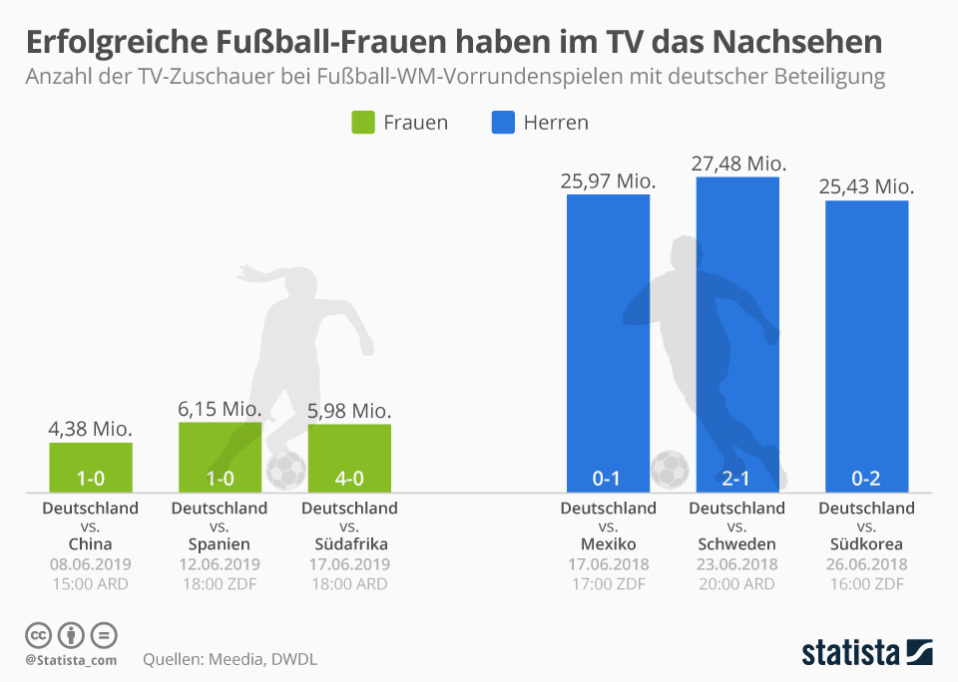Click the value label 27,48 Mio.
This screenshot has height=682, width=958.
coord(738,163)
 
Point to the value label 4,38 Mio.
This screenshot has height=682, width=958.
coord(91,429)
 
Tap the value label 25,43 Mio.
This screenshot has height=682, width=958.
coord(866,186)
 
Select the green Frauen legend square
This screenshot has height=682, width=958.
coord(361,123)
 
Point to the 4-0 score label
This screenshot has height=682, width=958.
coord(349,479)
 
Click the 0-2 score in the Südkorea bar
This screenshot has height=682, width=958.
coord(866,479)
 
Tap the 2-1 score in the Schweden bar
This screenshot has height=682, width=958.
coord(736,479)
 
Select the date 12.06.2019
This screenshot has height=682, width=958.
coord(220,564)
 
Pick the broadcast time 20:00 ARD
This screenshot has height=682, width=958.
coord(737,584)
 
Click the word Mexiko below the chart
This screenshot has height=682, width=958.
coord(608,544)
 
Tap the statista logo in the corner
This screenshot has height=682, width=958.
coord(867,653)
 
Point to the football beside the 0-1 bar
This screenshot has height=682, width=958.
coord(670,469)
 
